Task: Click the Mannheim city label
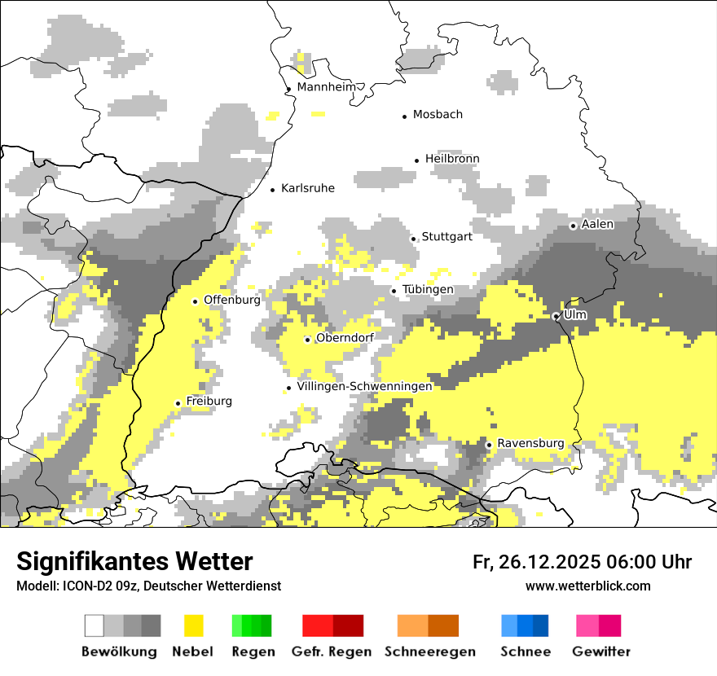[x=328, y=87]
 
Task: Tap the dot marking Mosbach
[x=404, y=116]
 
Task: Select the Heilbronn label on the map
[x=452, y=159]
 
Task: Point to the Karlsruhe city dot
[x=273, y=190]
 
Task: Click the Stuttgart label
[x=446, y=237]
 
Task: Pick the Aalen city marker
[x=573, y=226]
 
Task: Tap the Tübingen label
[x=428, y=290]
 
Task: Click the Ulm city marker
[x=556, y=316]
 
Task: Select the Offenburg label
[x=232, y=300]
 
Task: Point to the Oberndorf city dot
[x=307, y=340]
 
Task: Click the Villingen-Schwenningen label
[x=364, y=386]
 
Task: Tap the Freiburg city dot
[x=178, y=403]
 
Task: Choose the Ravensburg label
[x=530, y=443]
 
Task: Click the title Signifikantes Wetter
[x=134, y=561]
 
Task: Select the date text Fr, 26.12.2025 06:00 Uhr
[x=582, y=562]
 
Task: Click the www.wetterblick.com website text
[x=587, y=586]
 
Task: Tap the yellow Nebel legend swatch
[x=193, y=626]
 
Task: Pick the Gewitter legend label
[x=600, y=652]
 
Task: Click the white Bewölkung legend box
[x=95, y=626]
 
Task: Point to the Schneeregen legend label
[x=430, y=652]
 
